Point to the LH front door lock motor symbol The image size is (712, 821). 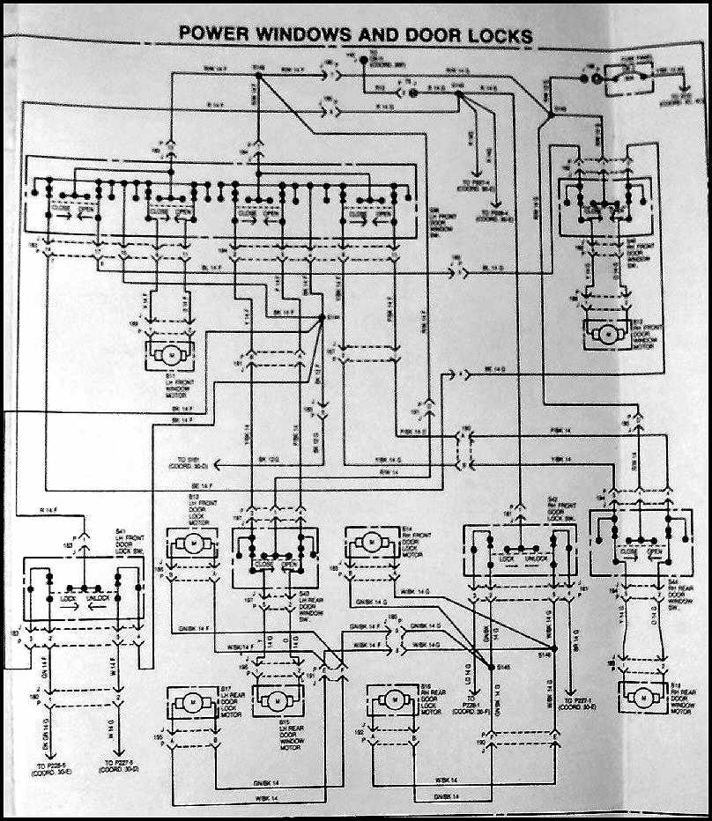(195, 545)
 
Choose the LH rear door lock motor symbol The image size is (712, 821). (192, 702)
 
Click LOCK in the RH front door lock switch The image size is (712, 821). (507, 558)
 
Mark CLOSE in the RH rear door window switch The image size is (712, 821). (628, 553)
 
